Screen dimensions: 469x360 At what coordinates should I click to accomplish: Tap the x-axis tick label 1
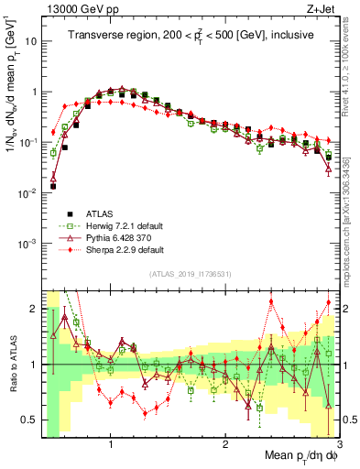click(111, 444)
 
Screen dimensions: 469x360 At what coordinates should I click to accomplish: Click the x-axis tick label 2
click(225, 444)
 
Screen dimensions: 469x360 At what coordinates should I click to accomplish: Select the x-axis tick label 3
click(338, 444)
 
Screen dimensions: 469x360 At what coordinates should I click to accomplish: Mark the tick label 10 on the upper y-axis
click(31, 41)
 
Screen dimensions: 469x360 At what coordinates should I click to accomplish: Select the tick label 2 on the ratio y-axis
click(34, 309)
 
